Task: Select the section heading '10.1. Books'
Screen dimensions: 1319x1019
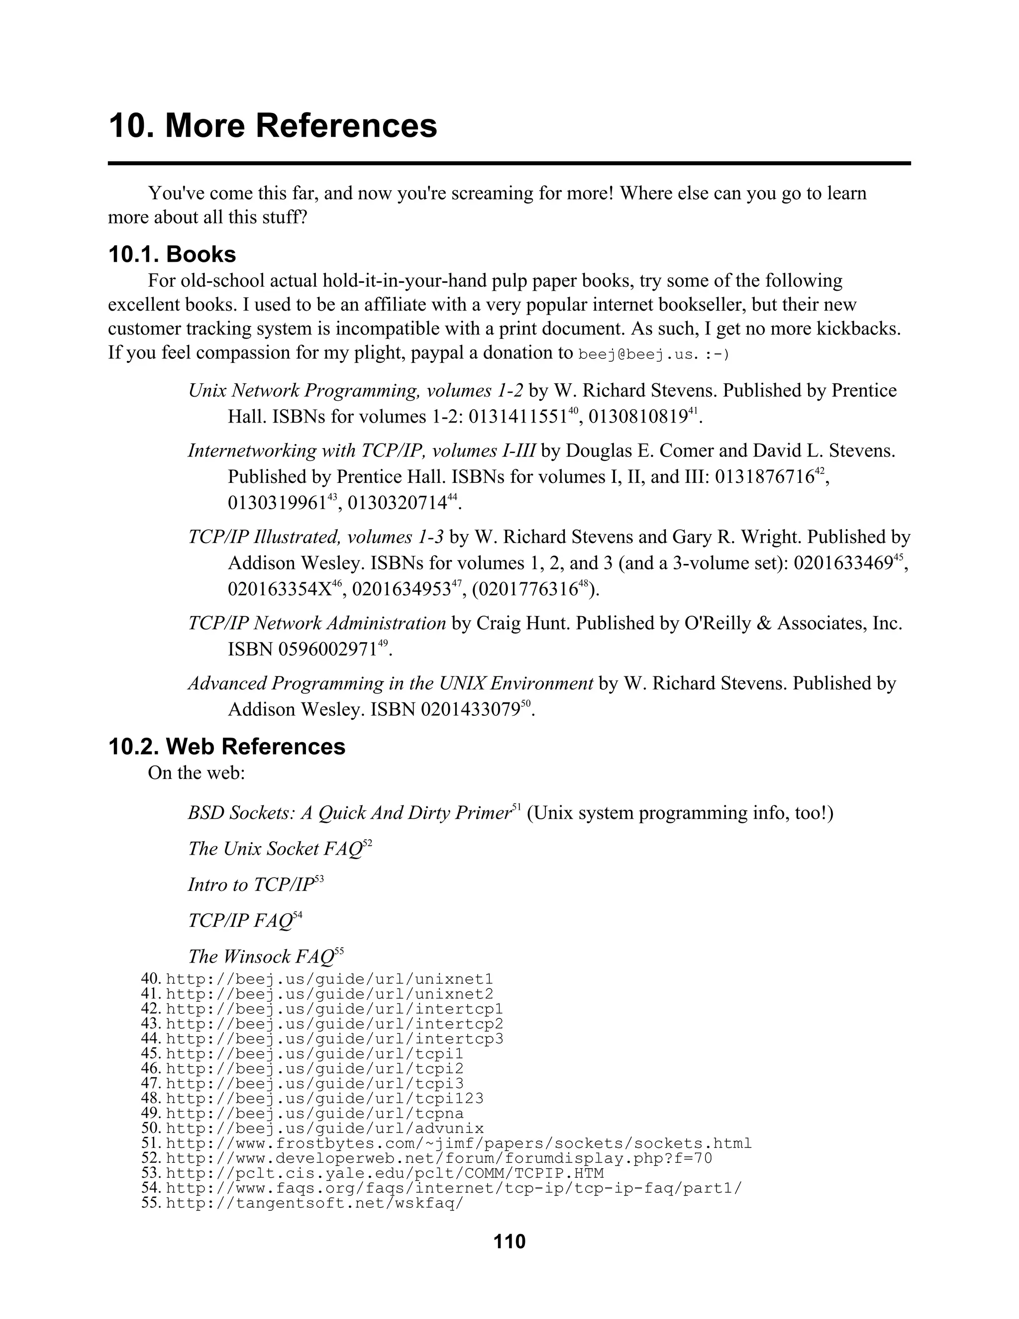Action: pyautogui.click(x=172, y=254)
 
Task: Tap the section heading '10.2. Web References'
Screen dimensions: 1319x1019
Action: pyautogui.click(x=227, y=747)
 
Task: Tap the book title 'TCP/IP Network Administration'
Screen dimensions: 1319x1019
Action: pyautogui.click(x=317, y=623)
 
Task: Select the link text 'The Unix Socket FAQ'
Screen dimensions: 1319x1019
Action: pyautogui.click(x=275, y=849)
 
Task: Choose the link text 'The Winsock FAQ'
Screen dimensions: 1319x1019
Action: pyautogui.click(x=261, y=956)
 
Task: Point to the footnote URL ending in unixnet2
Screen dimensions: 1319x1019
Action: pyautogui.click(x=329, y=994)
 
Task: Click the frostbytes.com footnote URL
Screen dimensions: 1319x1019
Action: pyautogui.click(x=459, y=1143)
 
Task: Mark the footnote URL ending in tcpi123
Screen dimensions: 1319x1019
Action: pyautogui.click(x=325, y=1098)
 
